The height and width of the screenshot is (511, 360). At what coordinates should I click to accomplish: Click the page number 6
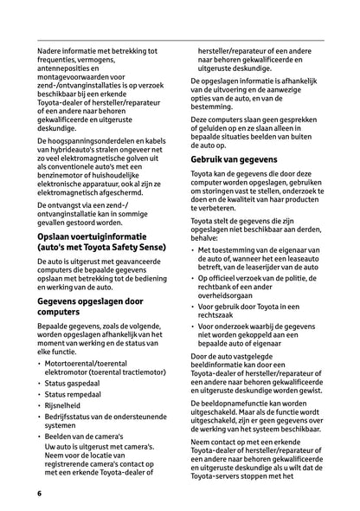pos(40,493)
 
